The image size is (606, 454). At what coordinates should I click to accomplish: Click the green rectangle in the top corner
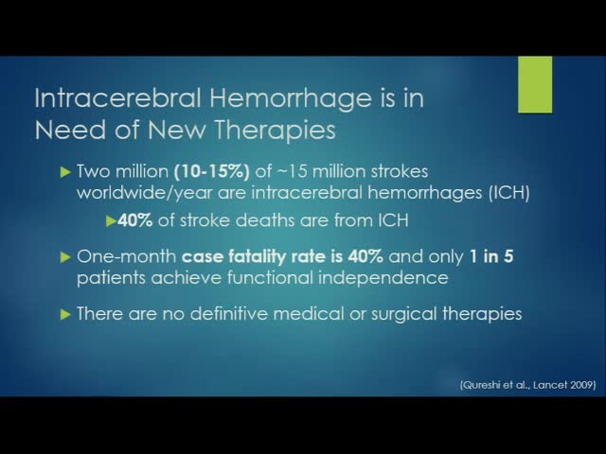point(535,84)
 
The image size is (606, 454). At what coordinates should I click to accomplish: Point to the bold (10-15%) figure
point(229,173)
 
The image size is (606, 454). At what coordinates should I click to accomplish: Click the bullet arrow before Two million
point(64,173)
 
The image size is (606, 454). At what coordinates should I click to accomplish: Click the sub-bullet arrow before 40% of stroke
point(111,221)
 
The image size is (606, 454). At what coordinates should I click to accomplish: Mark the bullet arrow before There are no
point(64,313)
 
